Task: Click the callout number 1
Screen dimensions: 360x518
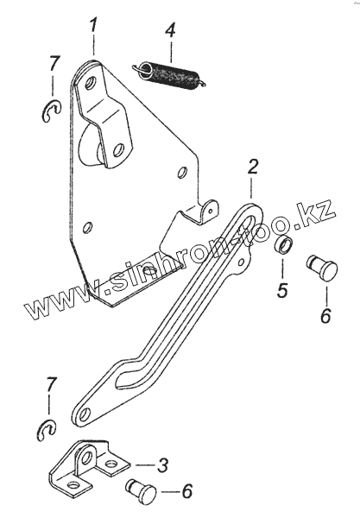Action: [x=93, y=26]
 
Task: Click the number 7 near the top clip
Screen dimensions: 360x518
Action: [x=54, y=63]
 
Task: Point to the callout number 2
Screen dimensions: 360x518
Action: [x=252, y=167]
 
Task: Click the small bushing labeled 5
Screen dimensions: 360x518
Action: [x=283, y=246]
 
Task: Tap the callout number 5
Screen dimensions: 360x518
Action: [x=282, y=290]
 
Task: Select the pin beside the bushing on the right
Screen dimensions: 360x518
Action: [x=322, y=268]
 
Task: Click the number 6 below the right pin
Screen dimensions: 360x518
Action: [x=325, y=315]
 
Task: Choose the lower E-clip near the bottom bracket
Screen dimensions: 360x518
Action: [x=47, y=431]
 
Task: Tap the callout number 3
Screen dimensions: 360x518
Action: [x=162, y=465]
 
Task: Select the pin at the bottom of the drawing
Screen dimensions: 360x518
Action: [x=142, y=491]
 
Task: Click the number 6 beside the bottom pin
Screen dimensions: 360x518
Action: [x=187, y=491]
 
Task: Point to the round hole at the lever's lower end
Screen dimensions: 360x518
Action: [x=85, y=414]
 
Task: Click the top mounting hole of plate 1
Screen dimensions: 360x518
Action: [x=90, y=83]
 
